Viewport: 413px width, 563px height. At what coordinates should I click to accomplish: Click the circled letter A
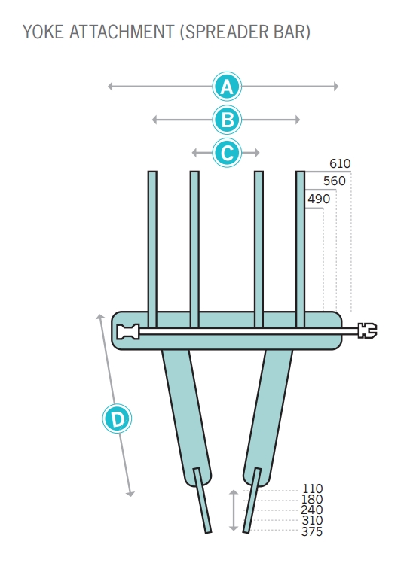pos(226,87)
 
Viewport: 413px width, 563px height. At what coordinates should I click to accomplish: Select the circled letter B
pos(226,120)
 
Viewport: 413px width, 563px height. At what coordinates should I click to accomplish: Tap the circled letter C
pos(226,153)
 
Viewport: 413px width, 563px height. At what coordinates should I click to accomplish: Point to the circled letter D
pos(117,418)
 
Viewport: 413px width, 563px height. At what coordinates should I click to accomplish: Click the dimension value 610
pos(340,164)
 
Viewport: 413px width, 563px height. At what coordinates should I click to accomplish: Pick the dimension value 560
pos(335,181)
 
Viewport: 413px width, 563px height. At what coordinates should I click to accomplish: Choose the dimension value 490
pos(319,199)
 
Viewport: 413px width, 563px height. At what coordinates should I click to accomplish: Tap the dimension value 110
pos(312,488)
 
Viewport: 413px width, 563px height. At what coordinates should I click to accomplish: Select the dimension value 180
pos(312,499)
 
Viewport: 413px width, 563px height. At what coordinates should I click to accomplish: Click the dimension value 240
pos(312,510)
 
